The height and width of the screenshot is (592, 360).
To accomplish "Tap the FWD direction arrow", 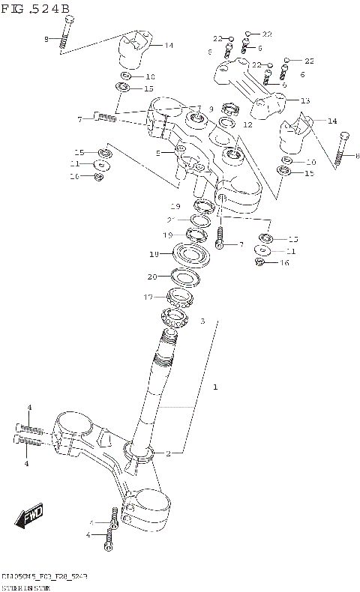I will (30, 516).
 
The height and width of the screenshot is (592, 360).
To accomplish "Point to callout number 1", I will (214, 387).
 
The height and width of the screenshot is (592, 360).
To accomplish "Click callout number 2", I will (169, 453).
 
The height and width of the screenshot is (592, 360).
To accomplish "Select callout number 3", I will (202, 321).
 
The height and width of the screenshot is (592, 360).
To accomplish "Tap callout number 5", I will (159, 153).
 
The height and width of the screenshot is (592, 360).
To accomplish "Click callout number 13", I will (304, 100).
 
